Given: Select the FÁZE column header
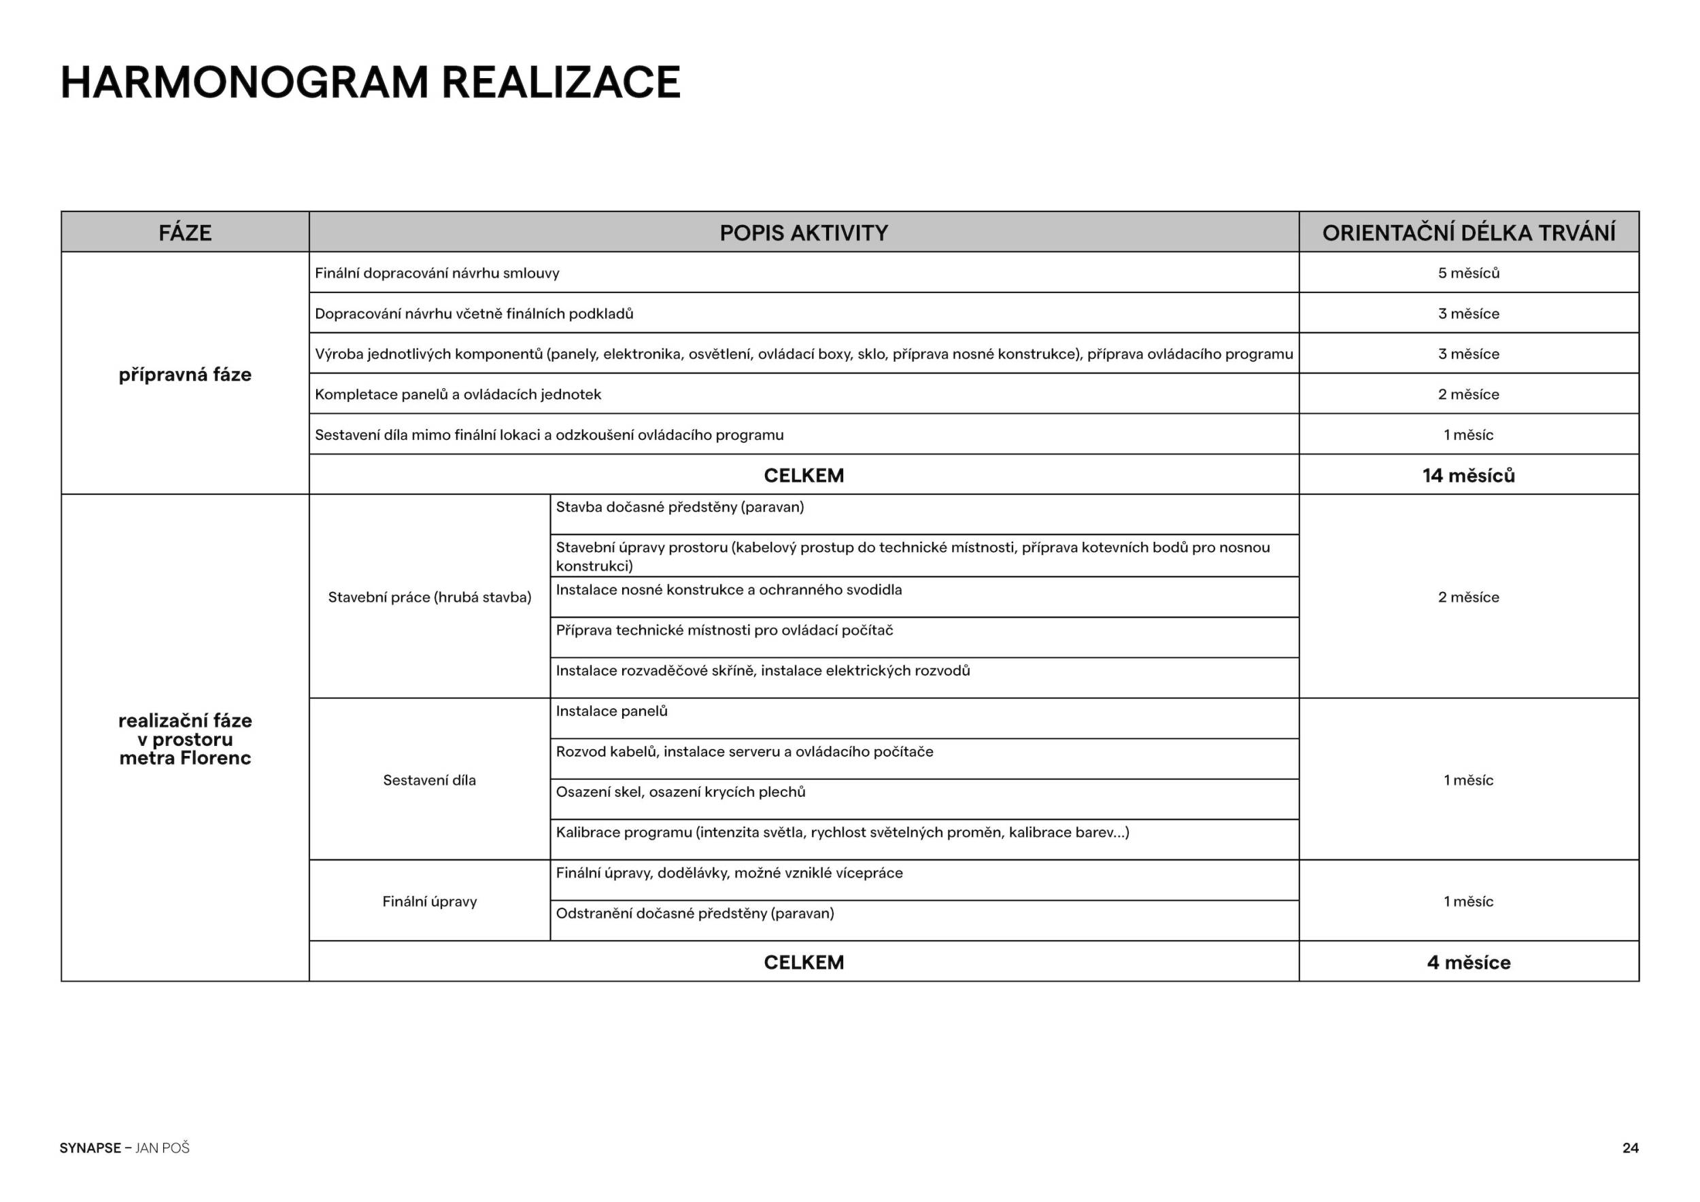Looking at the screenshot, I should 184,233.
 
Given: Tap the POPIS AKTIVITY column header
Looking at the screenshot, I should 803,233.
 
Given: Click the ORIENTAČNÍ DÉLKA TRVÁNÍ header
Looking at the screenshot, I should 1468,233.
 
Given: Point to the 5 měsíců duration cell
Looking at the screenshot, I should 1468,273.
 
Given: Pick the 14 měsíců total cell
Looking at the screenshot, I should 1468,475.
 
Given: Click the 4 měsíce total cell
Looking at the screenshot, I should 1468,962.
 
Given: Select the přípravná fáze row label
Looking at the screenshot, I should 184,375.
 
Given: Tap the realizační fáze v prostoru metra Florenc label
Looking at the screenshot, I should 184,738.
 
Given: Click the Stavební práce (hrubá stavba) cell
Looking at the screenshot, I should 430,598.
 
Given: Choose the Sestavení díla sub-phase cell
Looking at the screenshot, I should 430,780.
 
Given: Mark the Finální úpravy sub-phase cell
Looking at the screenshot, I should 430,901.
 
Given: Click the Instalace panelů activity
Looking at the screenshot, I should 611,711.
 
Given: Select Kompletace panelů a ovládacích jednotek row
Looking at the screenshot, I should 458,394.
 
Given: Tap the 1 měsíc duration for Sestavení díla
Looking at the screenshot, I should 1468,780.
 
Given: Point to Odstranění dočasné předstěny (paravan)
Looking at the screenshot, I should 694,913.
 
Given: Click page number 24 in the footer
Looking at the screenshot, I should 1631,1148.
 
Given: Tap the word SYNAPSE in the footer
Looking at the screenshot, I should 90,1148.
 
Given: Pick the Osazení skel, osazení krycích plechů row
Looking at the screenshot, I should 681,792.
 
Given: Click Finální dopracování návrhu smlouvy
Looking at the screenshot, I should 437,273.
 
